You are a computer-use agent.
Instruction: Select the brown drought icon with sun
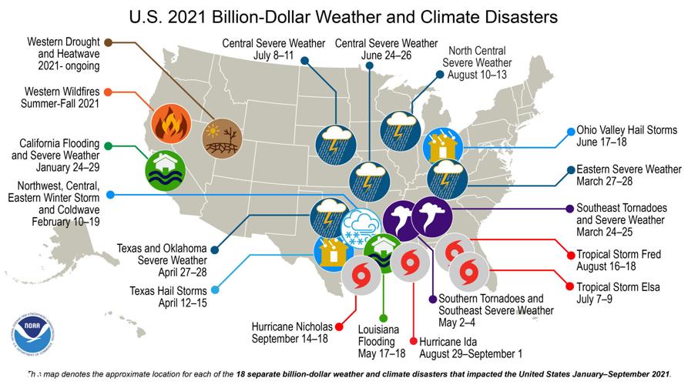coord(220,138)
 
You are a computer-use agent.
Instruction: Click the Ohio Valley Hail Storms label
coord(627,136)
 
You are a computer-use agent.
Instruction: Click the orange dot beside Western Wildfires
coord(109,92)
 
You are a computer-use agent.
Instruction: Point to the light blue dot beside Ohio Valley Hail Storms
coord(570,131)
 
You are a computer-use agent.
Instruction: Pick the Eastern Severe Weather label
coord(629,175)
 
